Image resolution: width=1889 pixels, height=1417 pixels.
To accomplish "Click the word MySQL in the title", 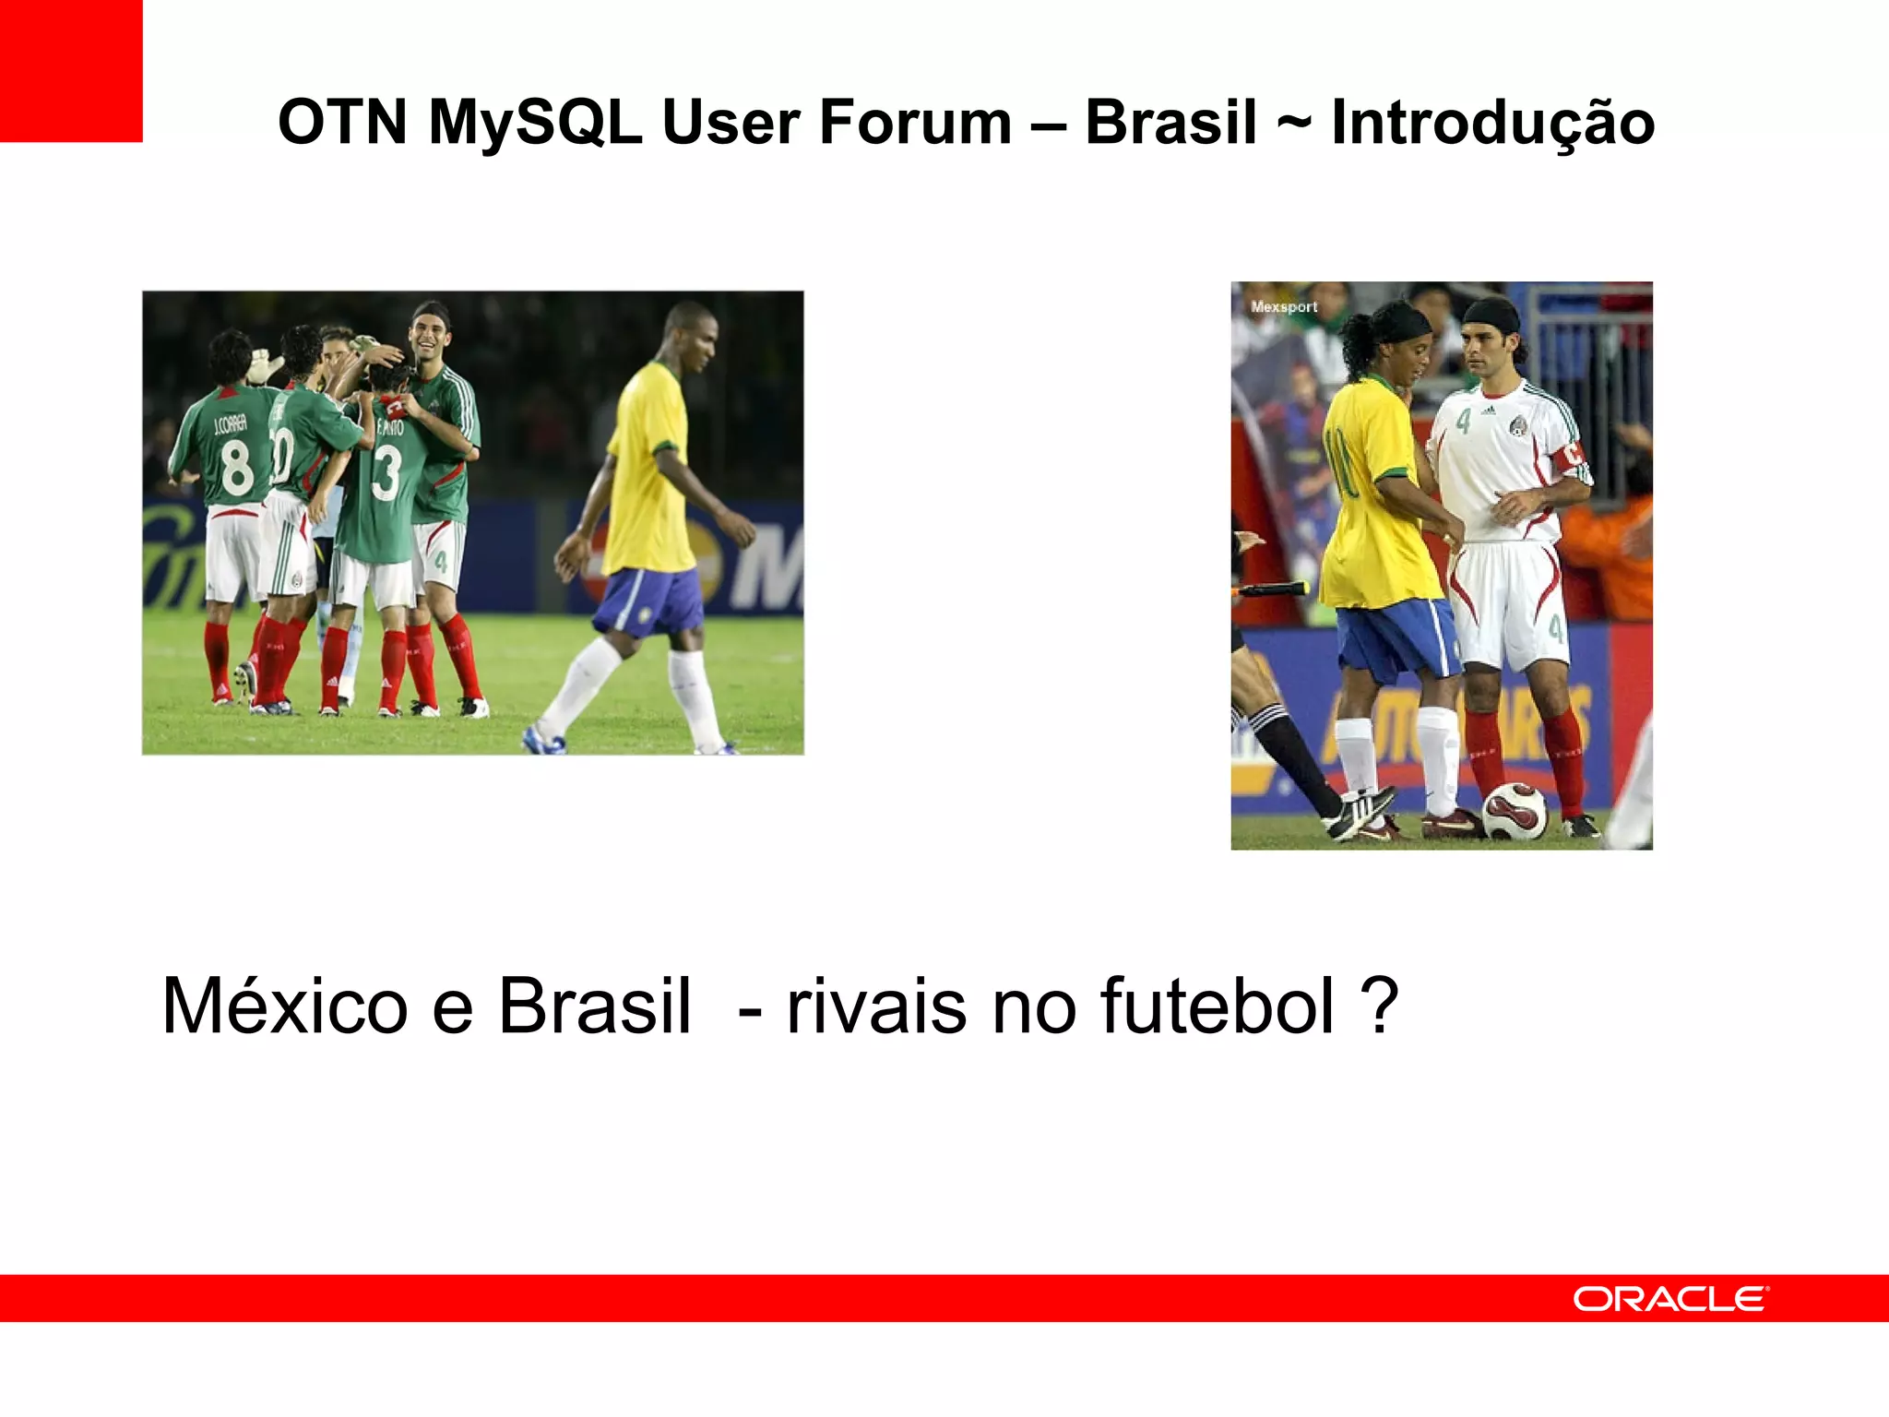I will pos(535,123).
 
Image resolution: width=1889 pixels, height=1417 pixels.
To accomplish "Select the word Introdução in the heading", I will pos(1492,123).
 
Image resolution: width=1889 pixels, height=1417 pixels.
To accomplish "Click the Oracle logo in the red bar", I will pos(1670,1299).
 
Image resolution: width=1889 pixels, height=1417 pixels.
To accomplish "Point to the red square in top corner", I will pos(70,70).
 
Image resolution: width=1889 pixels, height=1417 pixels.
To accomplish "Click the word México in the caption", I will pos(284,1006).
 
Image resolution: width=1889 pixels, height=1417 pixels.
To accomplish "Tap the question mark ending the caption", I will pos(1380,1006).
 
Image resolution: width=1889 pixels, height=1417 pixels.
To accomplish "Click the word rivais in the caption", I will pos(876,1006).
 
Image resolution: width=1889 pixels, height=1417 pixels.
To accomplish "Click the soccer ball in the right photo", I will pos(1514,811).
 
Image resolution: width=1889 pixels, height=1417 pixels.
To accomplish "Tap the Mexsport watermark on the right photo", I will pos(1283,307).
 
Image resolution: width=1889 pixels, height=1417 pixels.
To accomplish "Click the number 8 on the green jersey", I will pos(237,468).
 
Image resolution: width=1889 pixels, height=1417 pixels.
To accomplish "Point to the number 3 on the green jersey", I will pos(386,473).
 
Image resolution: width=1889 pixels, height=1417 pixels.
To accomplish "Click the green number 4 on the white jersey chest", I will pos(1464,422).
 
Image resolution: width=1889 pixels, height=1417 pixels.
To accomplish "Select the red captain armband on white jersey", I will pos(1572,454).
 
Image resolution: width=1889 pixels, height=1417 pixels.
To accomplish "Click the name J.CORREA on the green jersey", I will pos(230,425).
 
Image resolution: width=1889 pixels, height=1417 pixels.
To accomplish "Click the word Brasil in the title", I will pos(1170,123).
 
